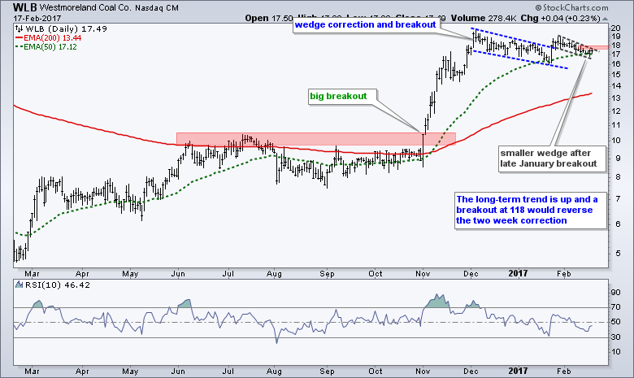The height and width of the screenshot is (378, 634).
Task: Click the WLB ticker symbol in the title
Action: click(15, 7)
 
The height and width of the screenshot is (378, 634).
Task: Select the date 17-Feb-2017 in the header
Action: click(31, 18)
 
